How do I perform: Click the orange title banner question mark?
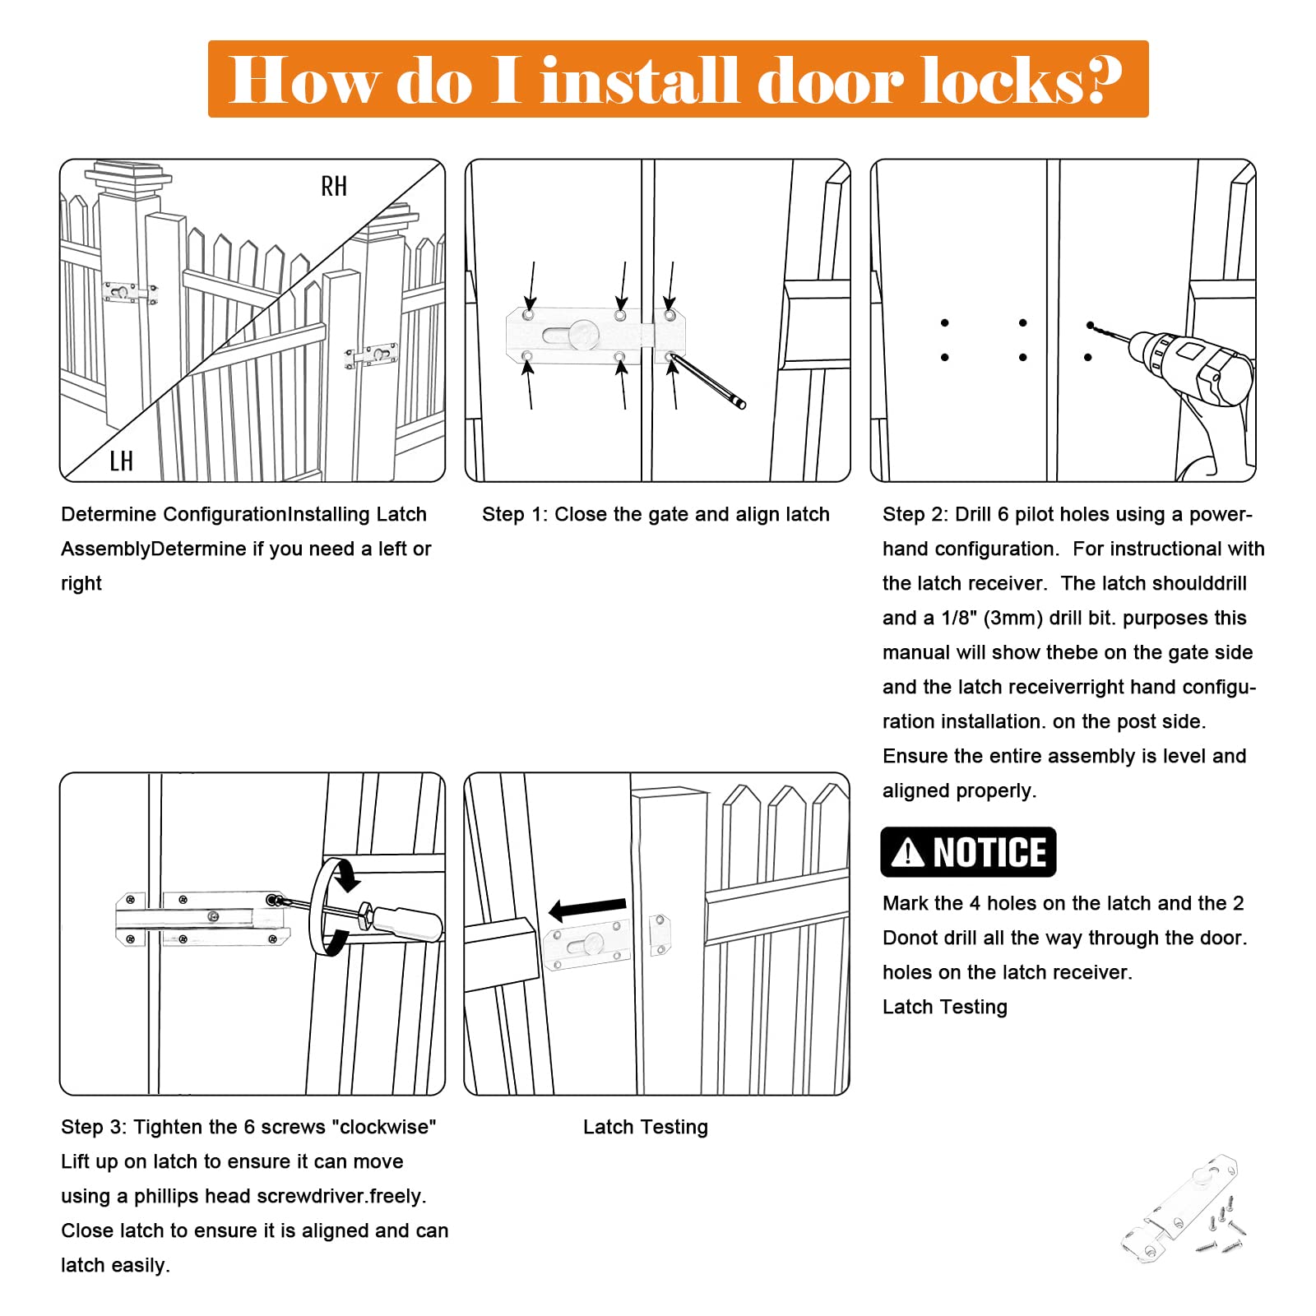point(1103,80)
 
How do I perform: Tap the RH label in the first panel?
point(334,187)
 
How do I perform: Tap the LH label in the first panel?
point(121,461)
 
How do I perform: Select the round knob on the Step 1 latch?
point(583,333)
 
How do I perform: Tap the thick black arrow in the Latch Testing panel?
point(587,908)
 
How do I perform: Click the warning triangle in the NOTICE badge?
point(907,852)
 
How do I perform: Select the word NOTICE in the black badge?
point(989,852)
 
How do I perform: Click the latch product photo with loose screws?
point(1184,1209)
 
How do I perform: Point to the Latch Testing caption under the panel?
point(645,1127)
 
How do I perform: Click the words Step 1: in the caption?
point(515,514)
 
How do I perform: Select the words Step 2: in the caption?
point(915,514)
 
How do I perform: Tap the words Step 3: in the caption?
point(94,1127)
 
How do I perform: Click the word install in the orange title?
point(640,80)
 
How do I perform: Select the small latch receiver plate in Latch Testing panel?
point(660,934)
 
